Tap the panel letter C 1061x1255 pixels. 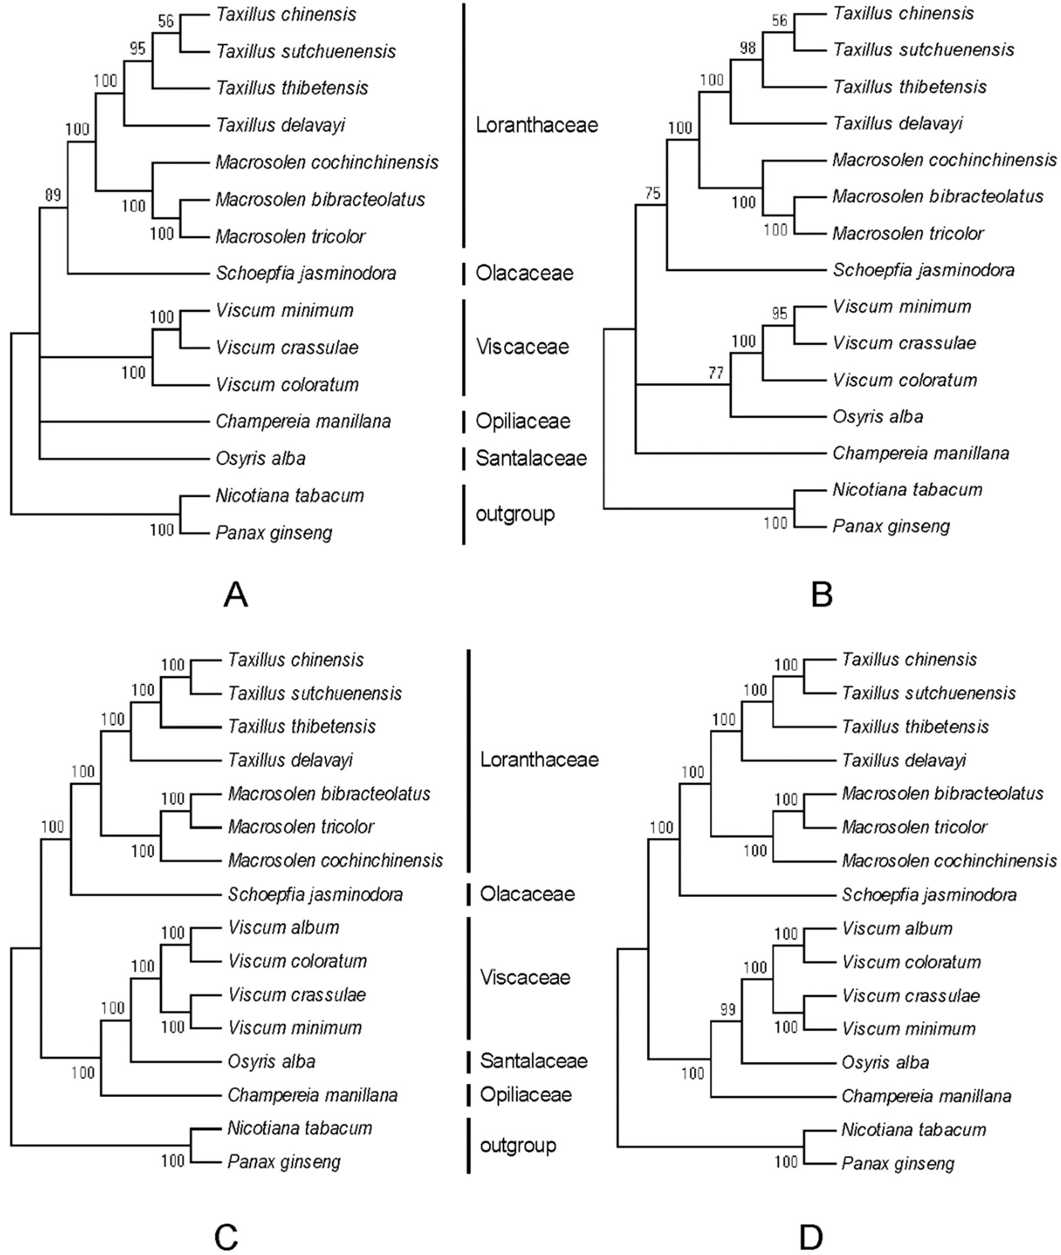click(226, 1237)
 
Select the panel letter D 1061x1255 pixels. click(811, 1237)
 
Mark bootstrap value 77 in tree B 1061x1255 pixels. click(715, 373)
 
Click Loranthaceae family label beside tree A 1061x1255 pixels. click(536, 125)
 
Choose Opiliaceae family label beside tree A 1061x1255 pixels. click(523, 421)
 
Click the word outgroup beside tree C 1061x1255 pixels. click(518, 1145)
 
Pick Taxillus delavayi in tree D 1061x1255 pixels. click(904, 761)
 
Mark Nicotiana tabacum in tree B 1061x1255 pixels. click(907, 490)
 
